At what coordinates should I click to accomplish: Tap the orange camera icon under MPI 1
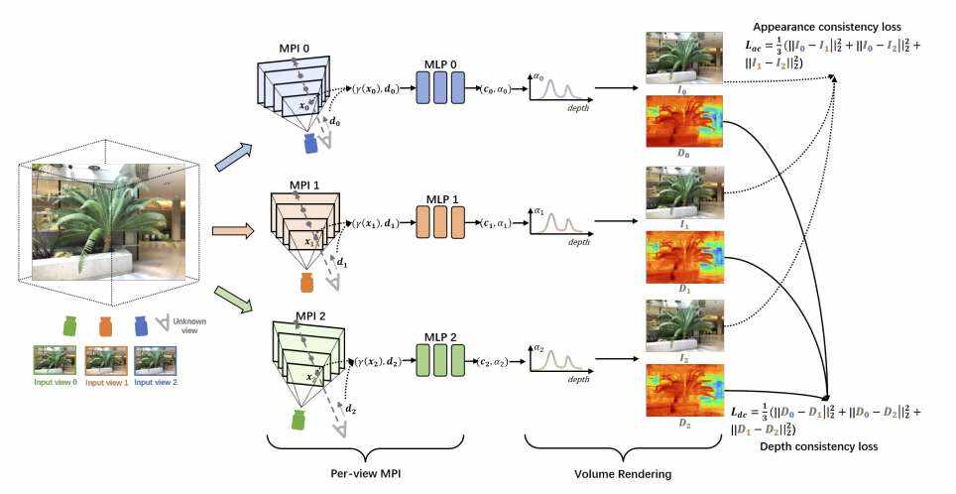click(x=306, y=283)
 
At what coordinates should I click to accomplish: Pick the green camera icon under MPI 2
click(x=298, y=420)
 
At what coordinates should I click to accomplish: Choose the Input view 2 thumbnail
click(x=155, y=360)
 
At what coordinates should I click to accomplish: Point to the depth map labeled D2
click(x=684, y=391)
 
